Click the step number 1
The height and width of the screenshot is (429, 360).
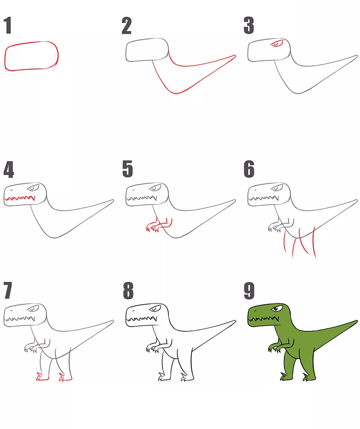tap(8, 26)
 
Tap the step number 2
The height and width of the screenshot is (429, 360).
tap(126, 26)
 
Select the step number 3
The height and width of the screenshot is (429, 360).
tap(249, 26)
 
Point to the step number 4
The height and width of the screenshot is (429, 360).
tap(9, 169)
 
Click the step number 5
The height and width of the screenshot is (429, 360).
tap(127, 169)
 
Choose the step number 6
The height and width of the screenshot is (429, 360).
tap(249, 169)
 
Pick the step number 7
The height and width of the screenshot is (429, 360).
tap(8, 290)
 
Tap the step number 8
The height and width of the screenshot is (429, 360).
tap(128, 290)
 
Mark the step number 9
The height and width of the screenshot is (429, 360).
tap(249, 290)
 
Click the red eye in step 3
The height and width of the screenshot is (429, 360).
tap(277, 44)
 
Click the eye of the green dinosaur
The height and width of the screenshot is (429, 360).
tap(277, 309)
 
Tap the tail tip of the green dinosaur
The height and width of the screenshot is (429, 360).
tap(356, 321)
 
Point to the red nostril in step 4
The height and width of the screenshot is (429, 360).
tap(12, 190)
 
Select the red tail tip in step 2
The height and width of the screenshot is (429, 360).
tap(234, 56)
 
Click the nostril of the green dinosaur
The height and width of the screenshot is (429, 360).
tap(255, 311)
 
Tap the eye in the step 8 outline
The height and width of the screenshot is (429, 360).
tap(155, 309)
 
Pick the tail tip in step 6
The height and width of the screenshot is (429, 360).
tap(356, 201)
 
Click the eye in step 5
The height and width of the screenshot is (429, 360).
tap(155, 188)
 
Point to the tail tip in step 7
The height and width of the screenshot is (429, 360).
tap(112, 321)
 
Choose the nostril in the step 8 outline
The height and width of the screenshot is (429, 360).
tap(134, 311)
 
